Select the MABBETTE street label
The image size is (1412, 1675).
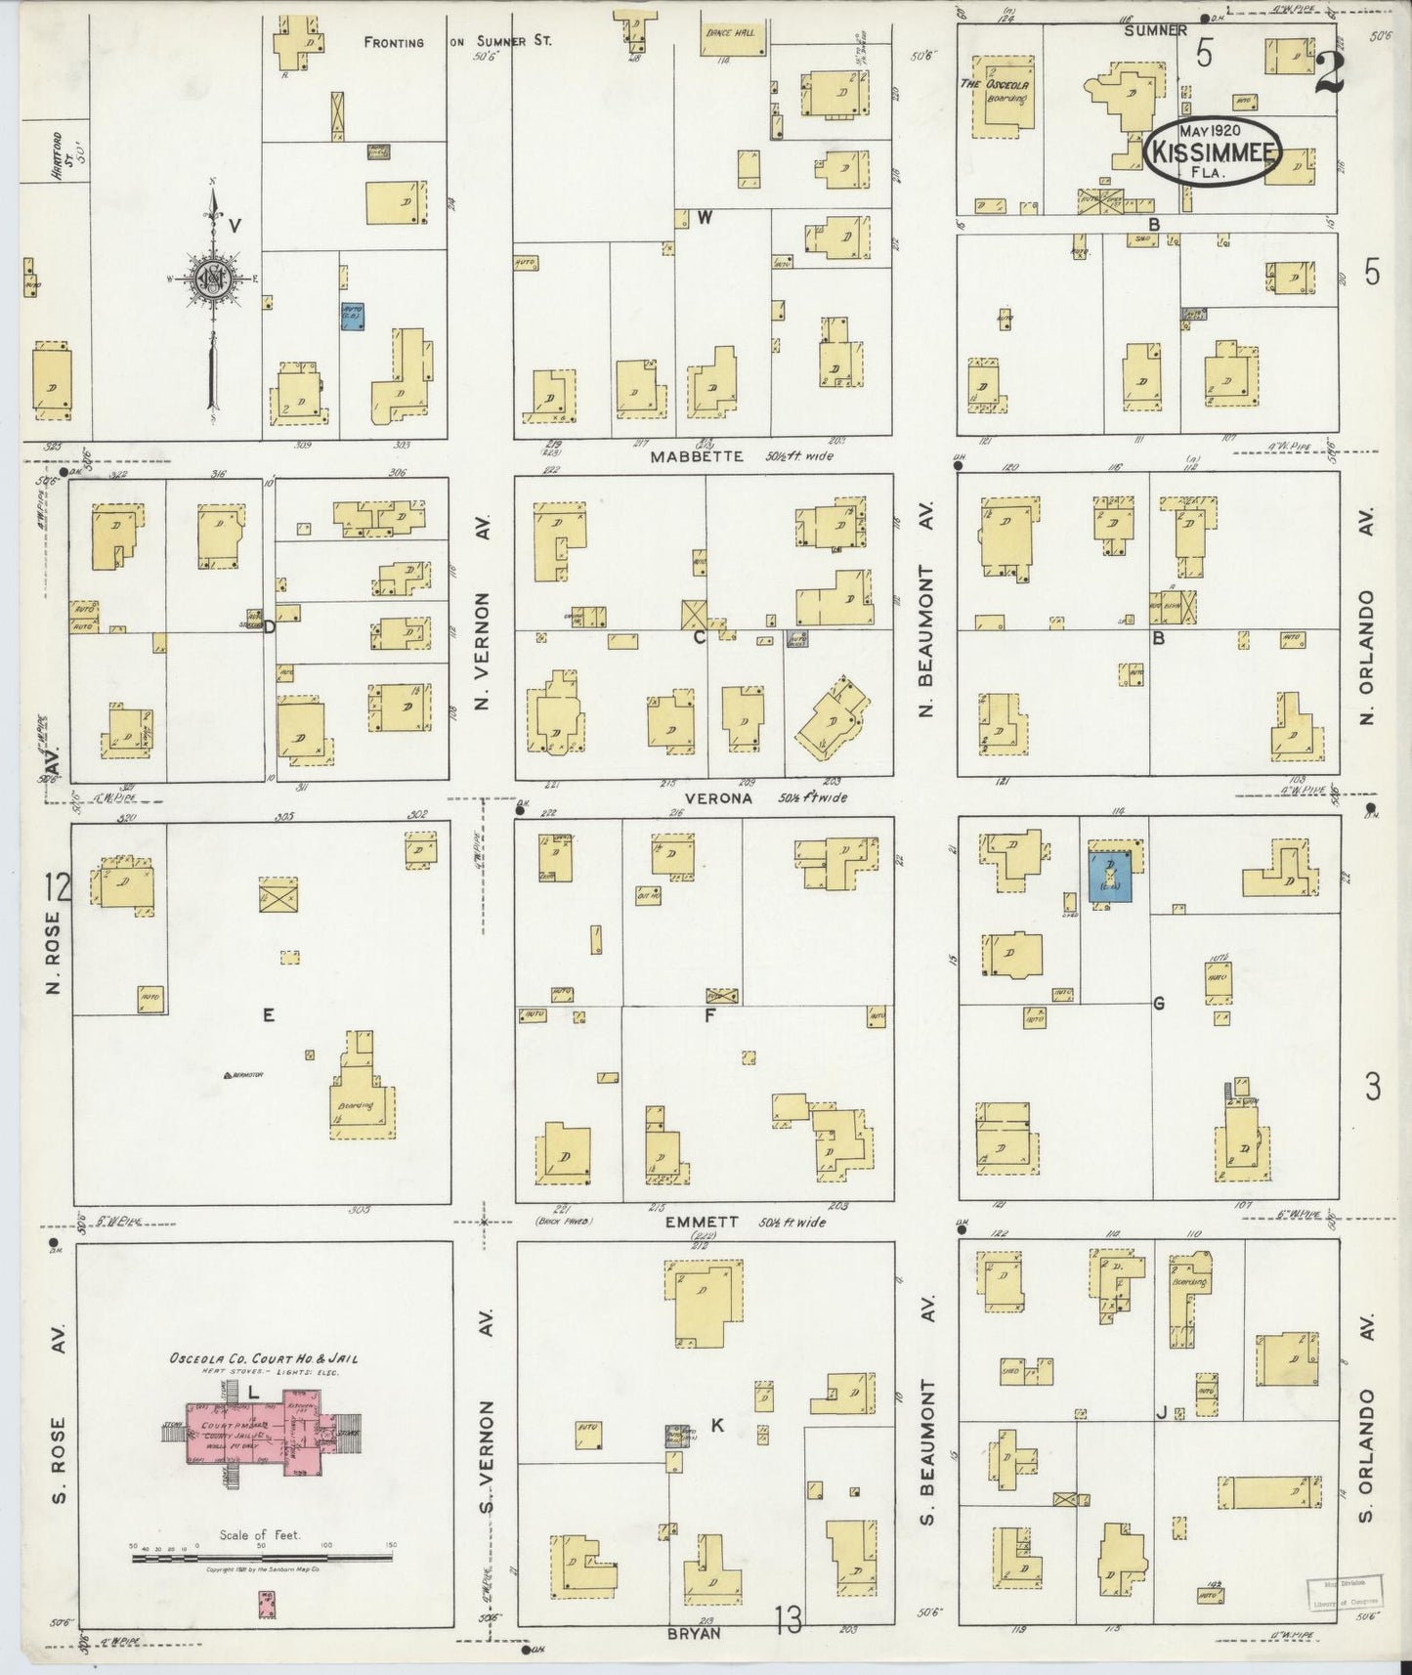tap(699, 456)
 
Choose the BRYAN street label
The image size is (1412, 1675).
tap(695, 1631)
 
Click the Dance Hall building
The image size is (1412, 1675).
tap(731, 40)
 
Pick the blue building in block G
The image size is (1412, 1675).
tap(1110, 876)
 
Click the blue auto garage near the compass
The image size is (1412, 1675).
tap(352, 316)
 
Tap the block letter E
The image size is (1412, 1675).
tap(267, 1015)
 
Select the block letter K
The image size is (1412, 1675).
tap(716, 1426)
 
